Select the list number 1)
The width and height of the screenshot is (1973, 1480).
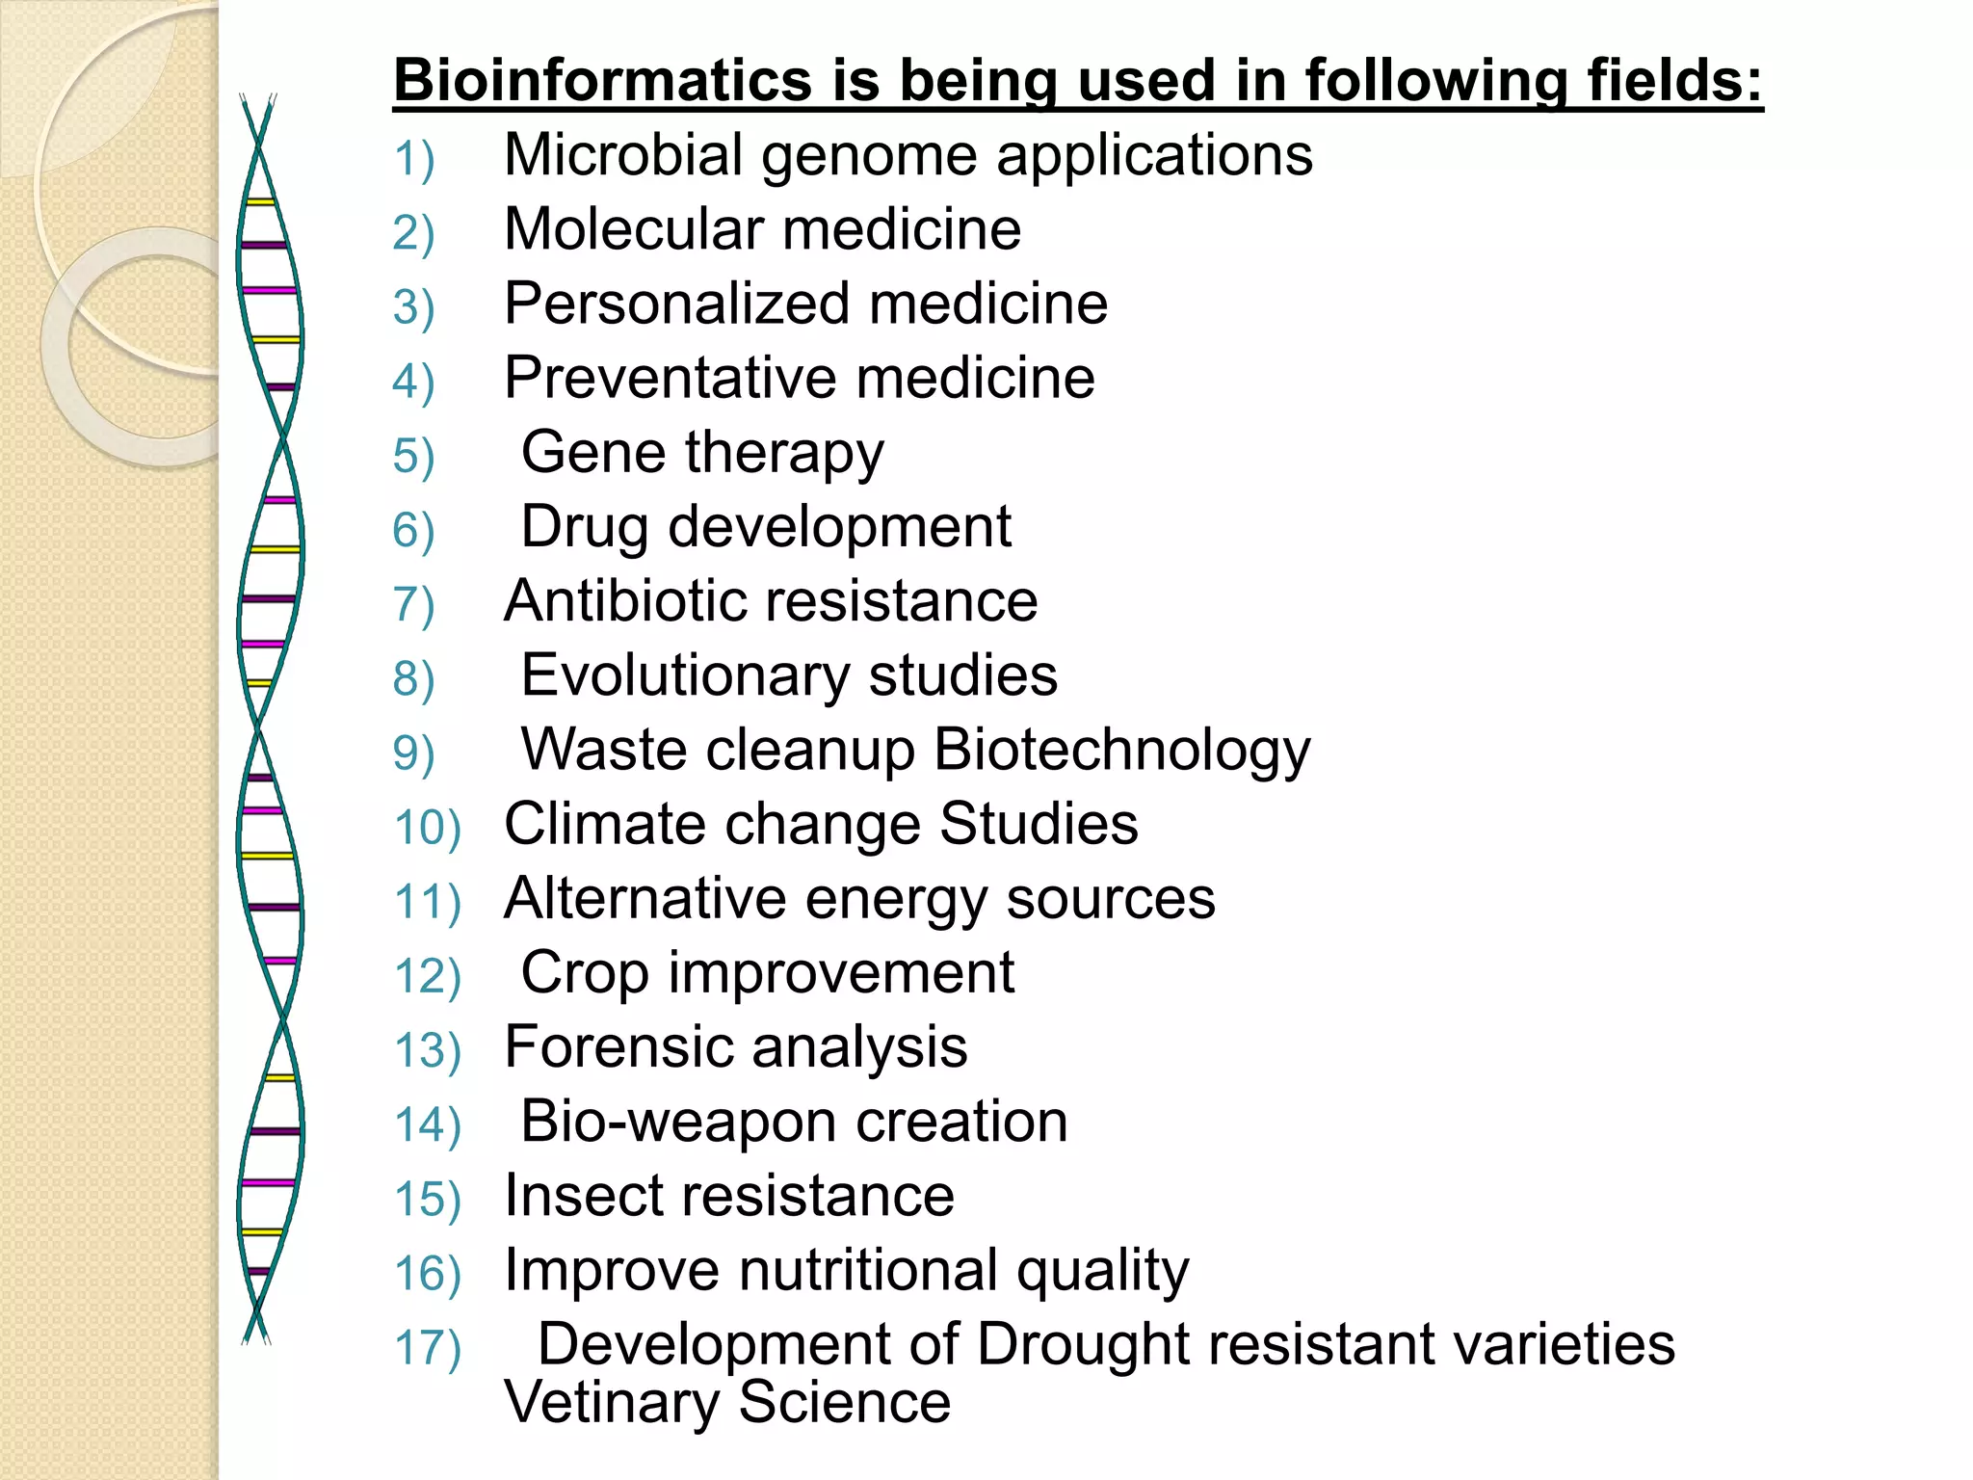click(414, 159)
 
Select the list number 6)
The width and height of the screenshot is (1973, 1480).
click(414, 530)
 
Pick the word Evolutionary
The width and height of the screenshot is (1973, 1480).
click(685, 674)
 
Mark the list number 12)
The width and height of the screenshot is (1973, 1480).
click(428, 976)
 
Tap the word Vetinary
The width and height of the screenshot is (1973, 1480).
click(611, 1402)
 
